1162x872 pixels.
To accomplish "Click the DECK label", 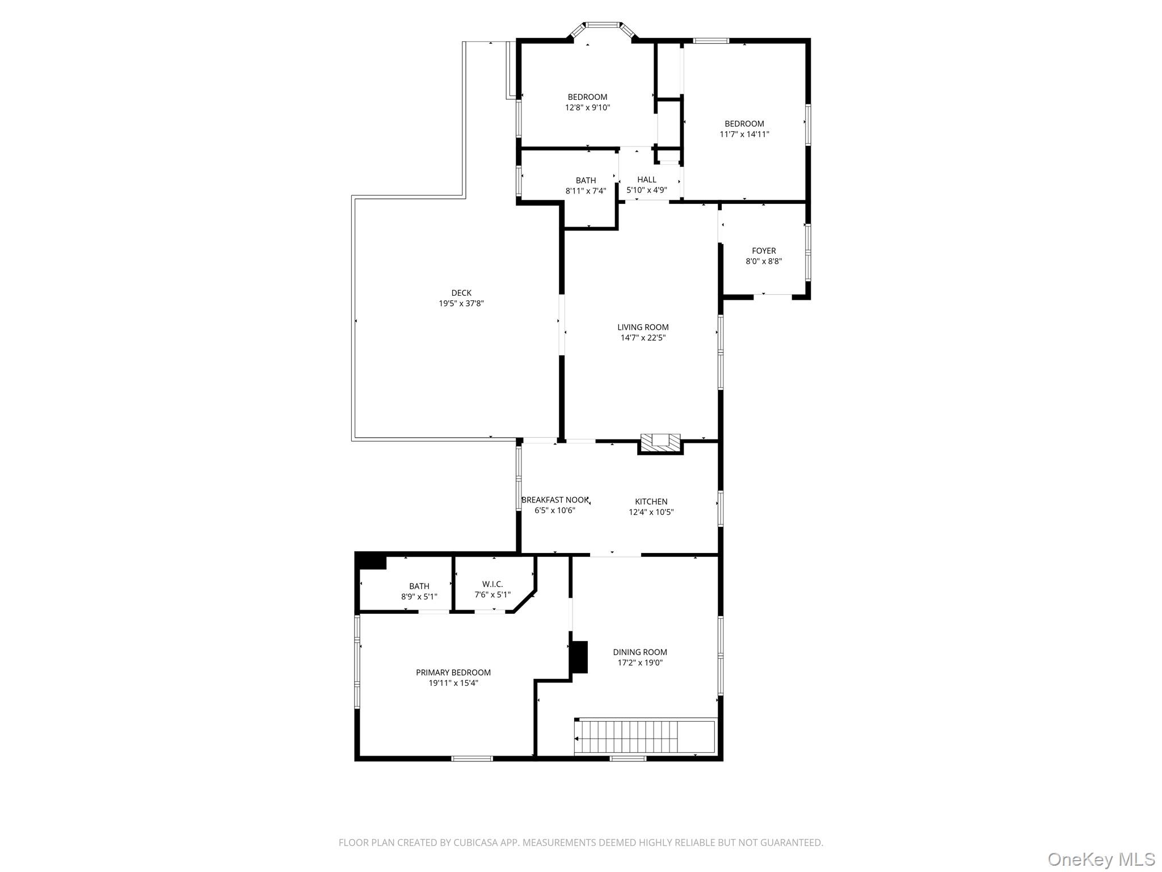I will pos(461,293).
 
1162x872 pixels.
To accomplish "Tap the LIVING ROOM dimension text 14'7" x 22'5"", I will pos(643,338).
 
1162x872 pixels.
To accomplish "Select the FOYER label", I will pos(764,250).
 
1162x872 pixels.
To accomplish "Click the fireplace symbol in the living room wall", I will pos(660,443).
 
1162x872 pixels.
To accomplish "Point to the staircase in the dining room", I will pos(635,737).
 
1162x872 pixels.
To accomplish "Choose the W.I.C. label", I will pos(492,584).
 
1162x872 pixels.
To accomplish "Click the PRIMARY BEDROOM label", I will pos(453,673).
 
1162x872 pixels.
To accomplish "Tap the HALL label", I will pos(647,179).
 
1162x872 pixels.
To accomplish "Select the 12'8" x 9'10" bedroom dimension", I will pos(587,107).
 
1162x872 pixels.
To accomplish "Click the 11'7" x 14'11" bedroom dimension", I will pos(744,135).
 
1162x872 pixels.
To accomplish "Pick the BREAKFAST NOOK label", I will pos(555,500).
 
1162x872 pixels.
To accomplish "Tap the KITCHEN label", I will pos(651,501).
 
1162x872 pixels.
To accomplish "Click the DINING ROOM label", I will pos(640,652).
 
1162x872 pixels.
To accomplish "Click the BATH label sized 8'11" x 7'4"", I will pos(586,181).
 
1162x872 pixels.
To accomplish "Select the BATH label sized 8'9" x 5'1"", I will pos(419,586).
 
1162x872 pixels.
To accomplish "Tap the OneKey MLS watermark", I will pos(1101,859).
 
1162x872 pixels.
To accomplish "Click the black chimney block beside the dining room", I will pos(579,657).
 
